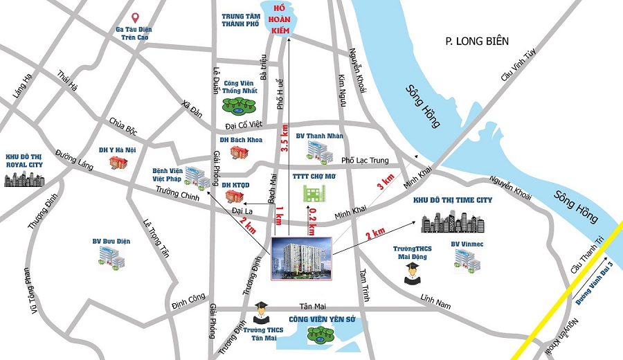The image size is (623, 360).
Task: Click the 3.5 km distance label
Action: pos(285,138)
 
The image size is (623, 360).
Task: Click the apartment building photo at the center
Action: pos(301,258)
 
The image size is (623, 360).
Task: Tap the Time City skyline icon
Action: pos(453,221)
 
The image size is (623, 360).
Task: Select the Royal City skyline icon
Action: pos(24,178)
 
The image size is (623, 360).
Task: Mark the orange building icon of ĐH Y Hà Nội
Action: pos(119,162)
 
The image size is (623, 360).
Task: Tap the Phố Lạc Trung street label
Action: pos(368,161)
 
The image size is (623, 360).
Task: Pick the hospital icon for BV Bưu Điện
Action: pos(111,258)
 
